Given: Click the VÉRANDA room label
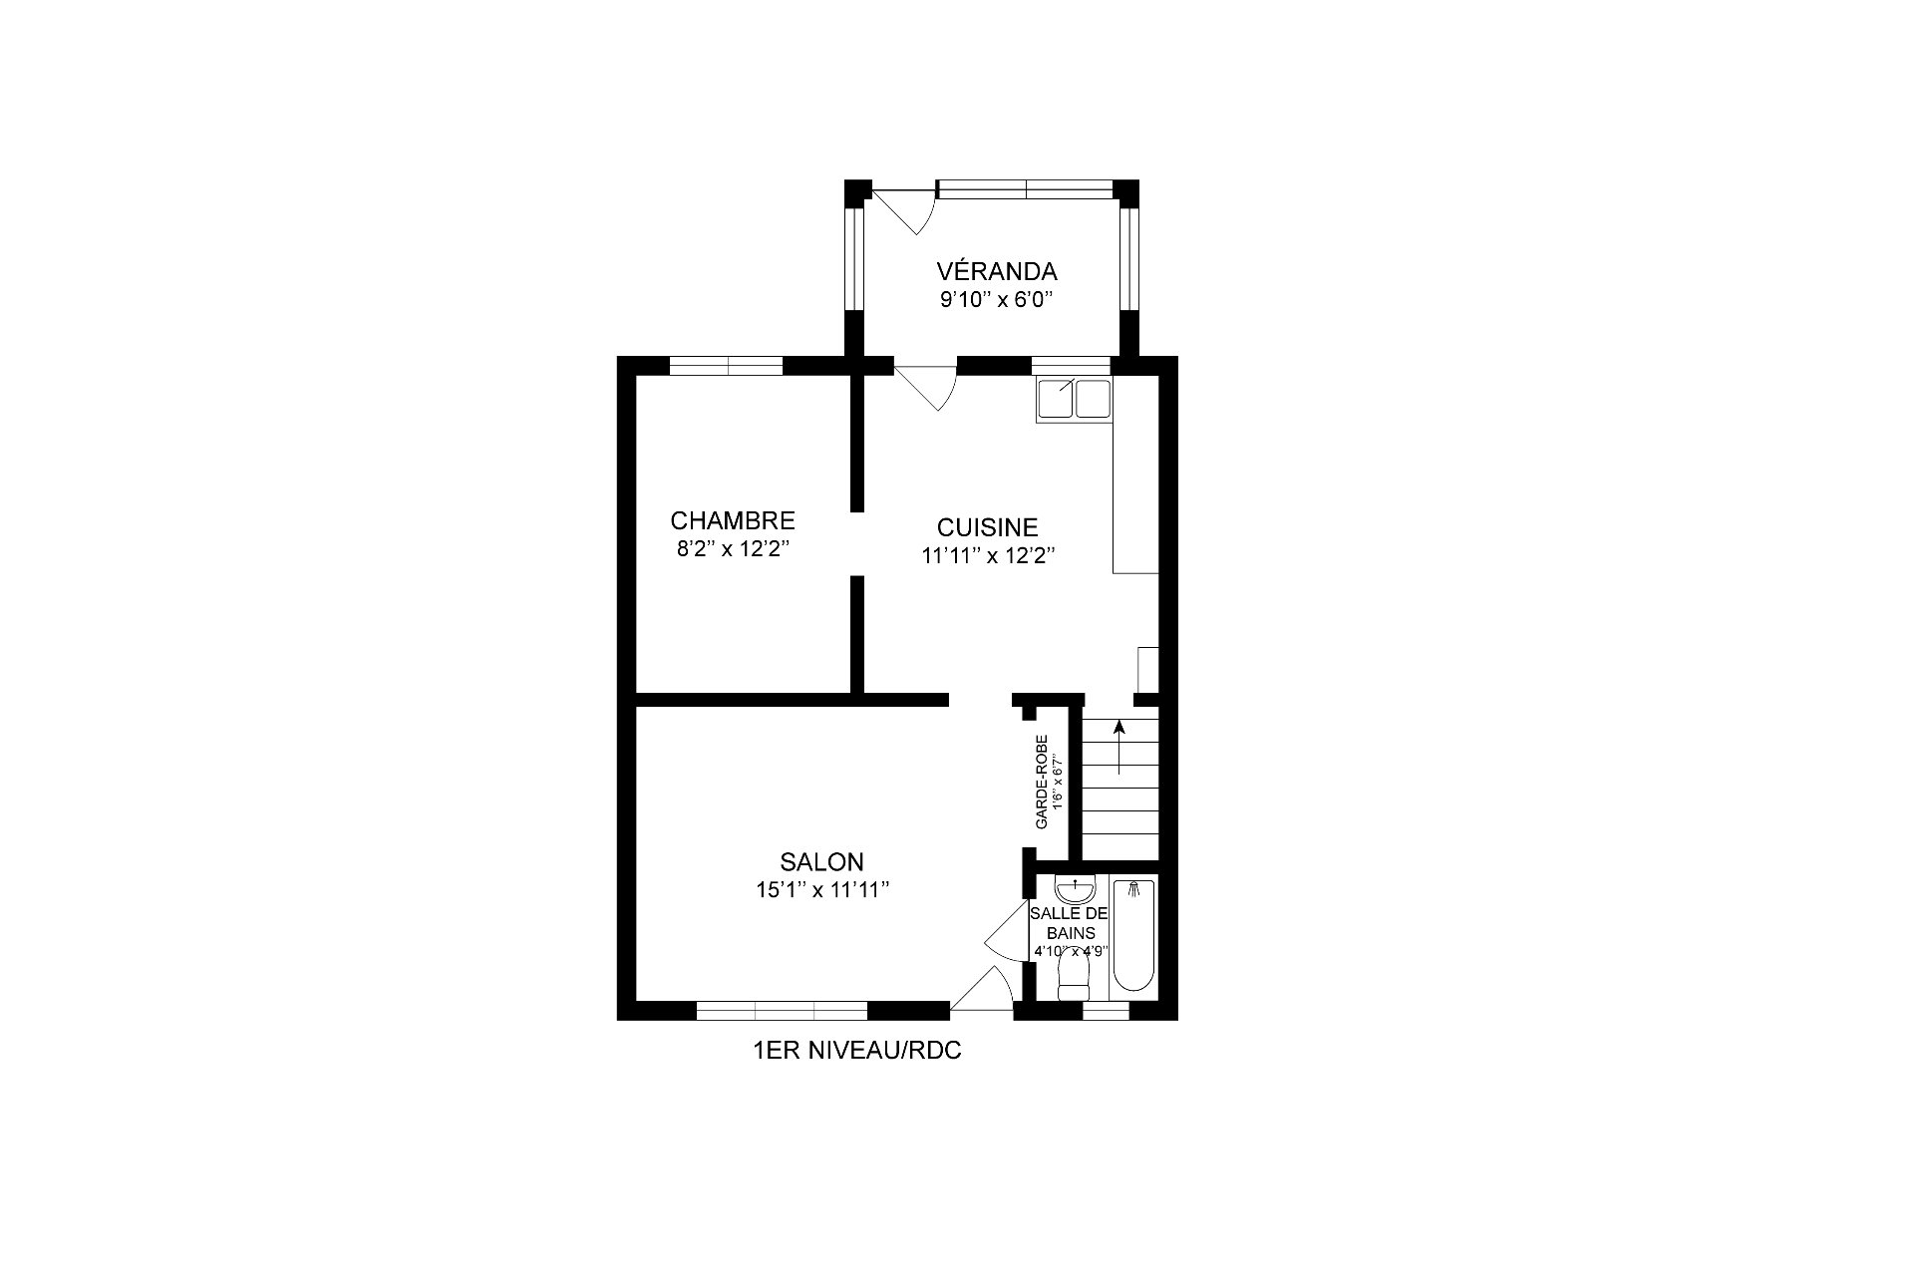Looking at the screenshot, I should pyautogui.click(x=996, y=271).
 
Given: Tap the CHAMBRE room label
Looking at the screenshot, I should pyautogui.click(x=732, y=520).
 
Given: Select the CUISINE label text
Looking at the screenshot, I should pyautogui.click(x=987, y=527).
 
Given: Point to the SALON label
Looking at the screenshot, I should pyautogui.click(x=821, y=861).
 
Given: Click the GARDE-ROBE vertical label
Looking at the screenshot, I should pyautogui.click(x=1042, y=783).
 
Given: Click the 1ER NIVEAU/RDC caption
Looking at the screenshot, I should pyautogui.click(x=857, y=1051).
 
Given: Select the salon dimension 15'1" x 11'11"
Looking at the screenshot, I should pyautogui.click(x=821, y=890).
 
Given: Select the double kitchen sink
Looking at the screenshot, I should pyautogui.click(x=1073, y=399).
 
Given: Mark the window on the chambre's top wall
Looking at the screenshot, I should pyautogui.click(x=726, y=366).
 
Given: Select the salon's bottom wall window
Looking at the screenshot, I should pyautogui.click(x=782, y=1010).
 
